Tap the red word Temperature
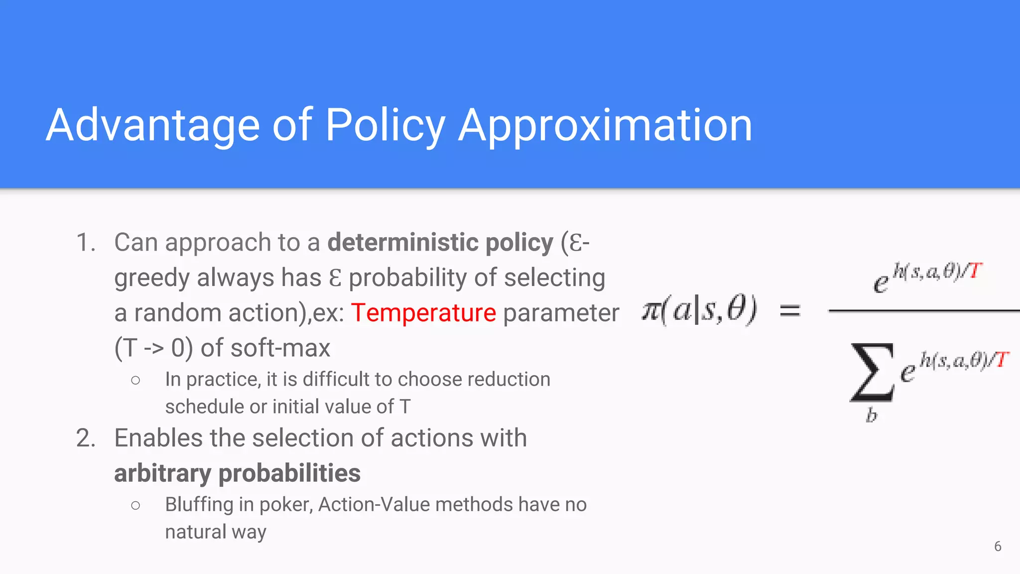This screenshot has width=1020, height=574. pyautogui.click(x=423, y=313)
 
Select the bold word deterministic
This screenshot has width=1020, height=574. pyautogui.click(x=402, y=243)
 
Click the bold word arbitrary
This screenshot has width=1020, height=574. pyautogui.click(x=162, y=473)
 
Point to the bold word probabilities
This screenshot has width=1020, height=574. pyautogui.click(x=289, y=473)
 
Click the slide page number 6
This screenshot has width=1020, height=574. pyautogui.click(x=998, y=547)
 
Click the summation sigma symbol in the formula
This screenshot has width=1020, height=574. pyautogui.click(x=872, y=373)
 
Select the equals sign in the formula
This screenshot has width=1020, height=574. pyautogui.click(x=790, y=311)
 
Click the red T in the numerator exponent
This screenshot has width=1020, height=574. pyautogui.click(x=975, y=271)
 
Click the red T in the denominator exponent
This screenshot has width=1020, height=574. pyautogui.click(x=1002, y=359)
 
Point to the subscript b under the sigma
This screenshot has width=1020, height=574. pyautogui.click(x=871, y=415)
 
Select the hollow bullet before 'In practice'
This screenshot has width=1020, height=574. pyautogui.click(x=135, y=380)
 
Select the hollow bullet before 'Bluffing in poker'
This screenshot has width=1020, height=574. pyautogui.click(x=135, y=505)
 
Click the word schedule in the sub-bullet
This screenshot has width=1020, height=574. pyautogui.click(x=204, y=407)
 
